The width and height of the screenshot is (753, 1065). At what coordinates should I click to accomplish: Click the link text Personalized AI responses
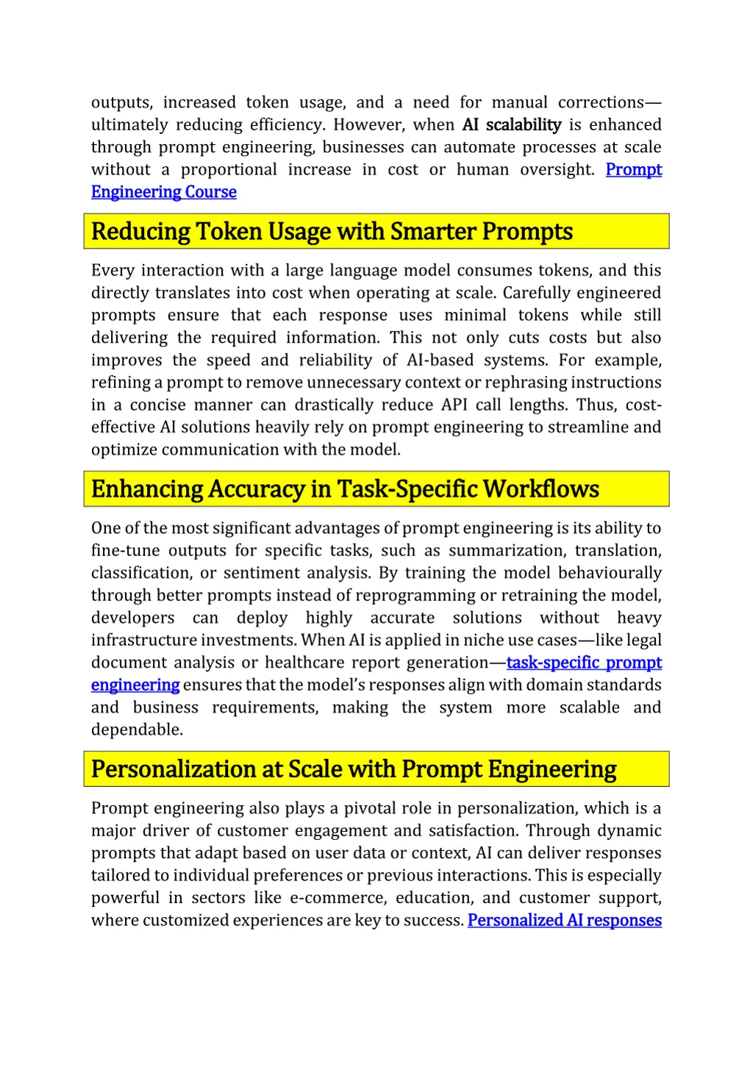pos(564,920)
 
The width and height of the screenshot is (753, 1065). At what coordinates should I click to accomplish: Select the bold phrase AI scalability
pos(512,125)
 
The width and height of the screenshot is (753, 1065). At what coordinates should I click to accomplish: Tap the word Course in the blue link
pos(211,192)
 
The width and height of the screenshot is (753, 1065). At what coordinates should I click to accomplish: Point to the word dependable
pos(136,730)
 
